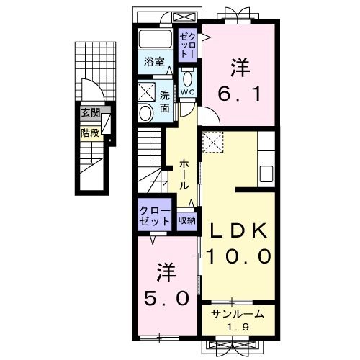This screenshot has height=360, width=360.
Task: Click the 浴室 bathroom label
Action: tap(154, 62)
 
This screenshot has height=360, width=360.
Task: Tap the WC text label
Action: tap(188, 92)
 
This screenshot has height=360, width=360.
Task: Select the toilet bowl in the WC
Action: tap(188, 78)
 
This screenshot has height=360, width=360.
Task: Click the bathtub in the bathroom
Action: tap(156, 39)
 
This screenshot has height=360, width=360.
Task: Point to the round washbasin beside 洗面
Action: tap(145, 113)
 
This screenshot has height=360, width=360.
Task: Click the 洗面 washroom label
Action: tap(165, 102)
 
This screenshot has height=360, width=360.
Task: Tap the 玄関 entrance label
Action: tap(90, 112)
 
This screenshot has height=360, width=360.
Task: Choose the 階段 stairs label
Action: tap(90, 132)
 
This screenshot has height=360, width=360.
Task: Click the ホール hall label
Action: tap(184, 175)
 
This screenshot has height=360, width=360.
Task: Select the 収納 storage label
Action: tap(186, 220)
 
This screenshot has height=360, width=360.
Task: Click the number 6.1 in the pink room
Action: tap(239, 94)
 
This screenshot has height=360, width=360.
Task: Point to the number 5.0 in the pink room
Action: tap(166, 298)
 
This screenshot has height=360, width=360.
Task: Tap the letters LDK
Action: tap(238, 230)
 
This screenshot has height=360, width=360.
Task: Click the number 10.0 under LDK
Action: tap(239, 256)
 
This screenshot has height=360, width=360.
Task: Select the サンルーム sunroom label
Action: tap(238, 314)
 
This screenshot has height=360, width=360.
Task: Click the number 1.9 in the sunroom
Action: tap(238, 327)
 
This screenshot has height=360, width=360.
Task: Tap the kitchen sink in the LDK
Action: tap(266, 174)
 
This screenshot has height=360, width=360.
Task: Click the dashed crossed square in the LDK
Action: tap(213, 142)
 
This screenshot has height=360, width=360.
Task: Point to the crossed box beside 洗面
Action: tap(146, 92)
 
